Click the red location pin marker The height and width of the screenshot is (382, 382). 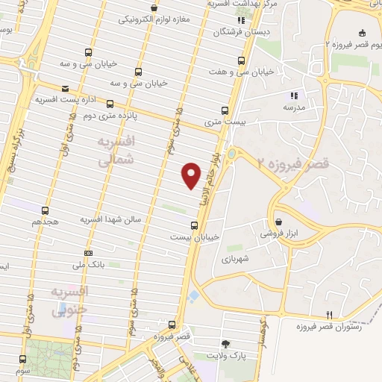(192, 174)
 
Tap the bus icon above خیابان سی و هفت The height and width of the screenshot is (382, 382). (240, 61)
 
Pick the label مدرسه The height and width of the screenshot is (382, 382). (293, 106)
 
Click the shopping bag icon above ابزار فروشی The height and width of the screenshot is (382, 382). (278, 222)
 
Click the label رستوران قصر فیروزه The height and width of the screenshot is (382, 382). (330, 327)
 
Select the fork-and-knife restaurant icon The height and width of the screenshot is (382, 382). (330, 314)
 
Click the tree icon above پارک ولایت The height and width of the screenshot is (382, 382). (225, 344)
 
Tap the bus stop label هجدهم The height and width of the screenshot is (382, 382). (45, 222)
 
